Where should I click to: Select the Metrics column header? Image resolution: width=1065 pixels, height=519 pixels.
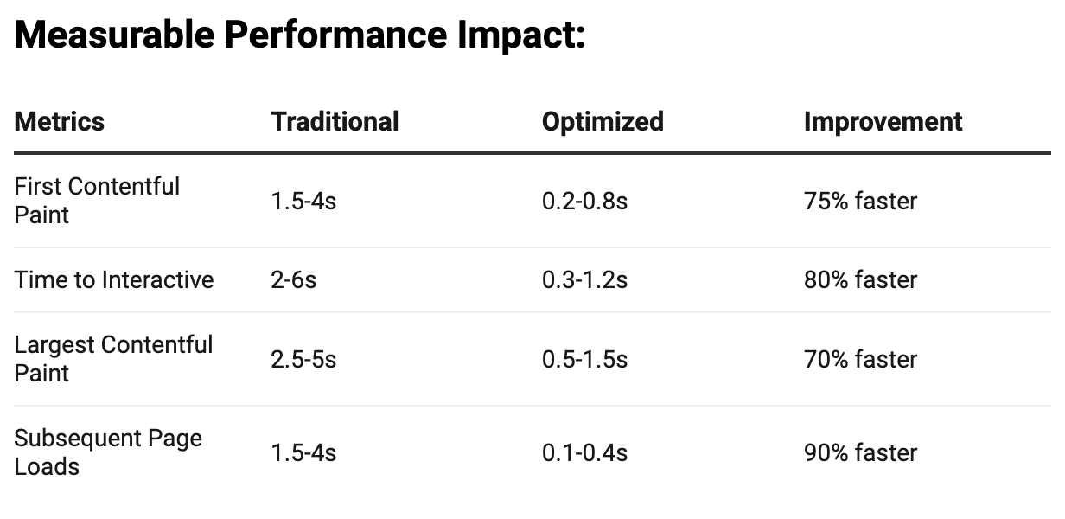point(60,121)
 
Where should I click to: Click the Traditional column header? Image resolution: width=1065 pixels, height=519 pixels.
point(335,121)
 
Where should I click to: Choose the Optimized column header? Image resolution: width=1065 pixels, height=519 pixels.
point(603,121)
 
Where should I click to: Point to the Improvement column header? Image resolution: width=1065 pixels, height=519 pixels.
point(883,121)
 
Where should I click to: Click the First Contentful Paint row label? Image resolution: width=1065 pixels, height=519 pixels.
point(97,201)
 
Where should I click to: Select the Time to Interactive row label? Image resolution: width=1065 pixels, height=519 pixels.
point(113,280)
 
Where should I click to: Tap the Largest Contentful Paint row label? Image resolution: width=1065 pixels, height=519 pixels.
point(113,359)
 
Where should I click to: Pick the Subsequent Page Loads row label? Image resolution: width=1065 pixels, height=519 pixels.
point(108,452)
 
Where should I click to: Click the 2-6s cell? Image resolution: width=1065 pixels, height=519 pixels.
point(293,280)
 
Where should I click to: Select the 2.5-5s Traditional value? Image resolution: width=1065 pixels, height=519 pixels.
point(303,359)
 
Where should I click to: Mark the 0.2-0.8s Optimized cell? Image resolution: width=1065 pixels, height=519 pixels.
point(584,201)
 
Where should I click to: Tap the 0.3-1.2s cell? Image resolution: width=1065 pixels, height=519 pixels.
point(584,280)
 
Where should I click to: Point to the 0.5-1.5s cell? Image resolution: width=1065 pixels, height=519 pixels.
point(584,359)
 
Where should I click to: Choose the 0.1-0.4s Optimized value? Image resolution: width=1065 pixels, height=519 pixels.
point(584,452)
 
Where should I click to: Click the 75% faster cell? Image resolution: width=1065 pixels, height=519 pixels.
point(860,201)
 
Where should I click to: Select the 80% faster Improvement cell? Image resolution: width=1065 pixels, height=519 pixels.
point(860,280)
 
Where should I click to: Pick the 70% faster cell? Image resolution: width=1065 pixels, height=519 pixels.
point(860,359)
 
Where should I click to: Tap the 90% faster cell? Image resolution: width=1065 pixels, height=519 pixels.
point(860,452)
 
